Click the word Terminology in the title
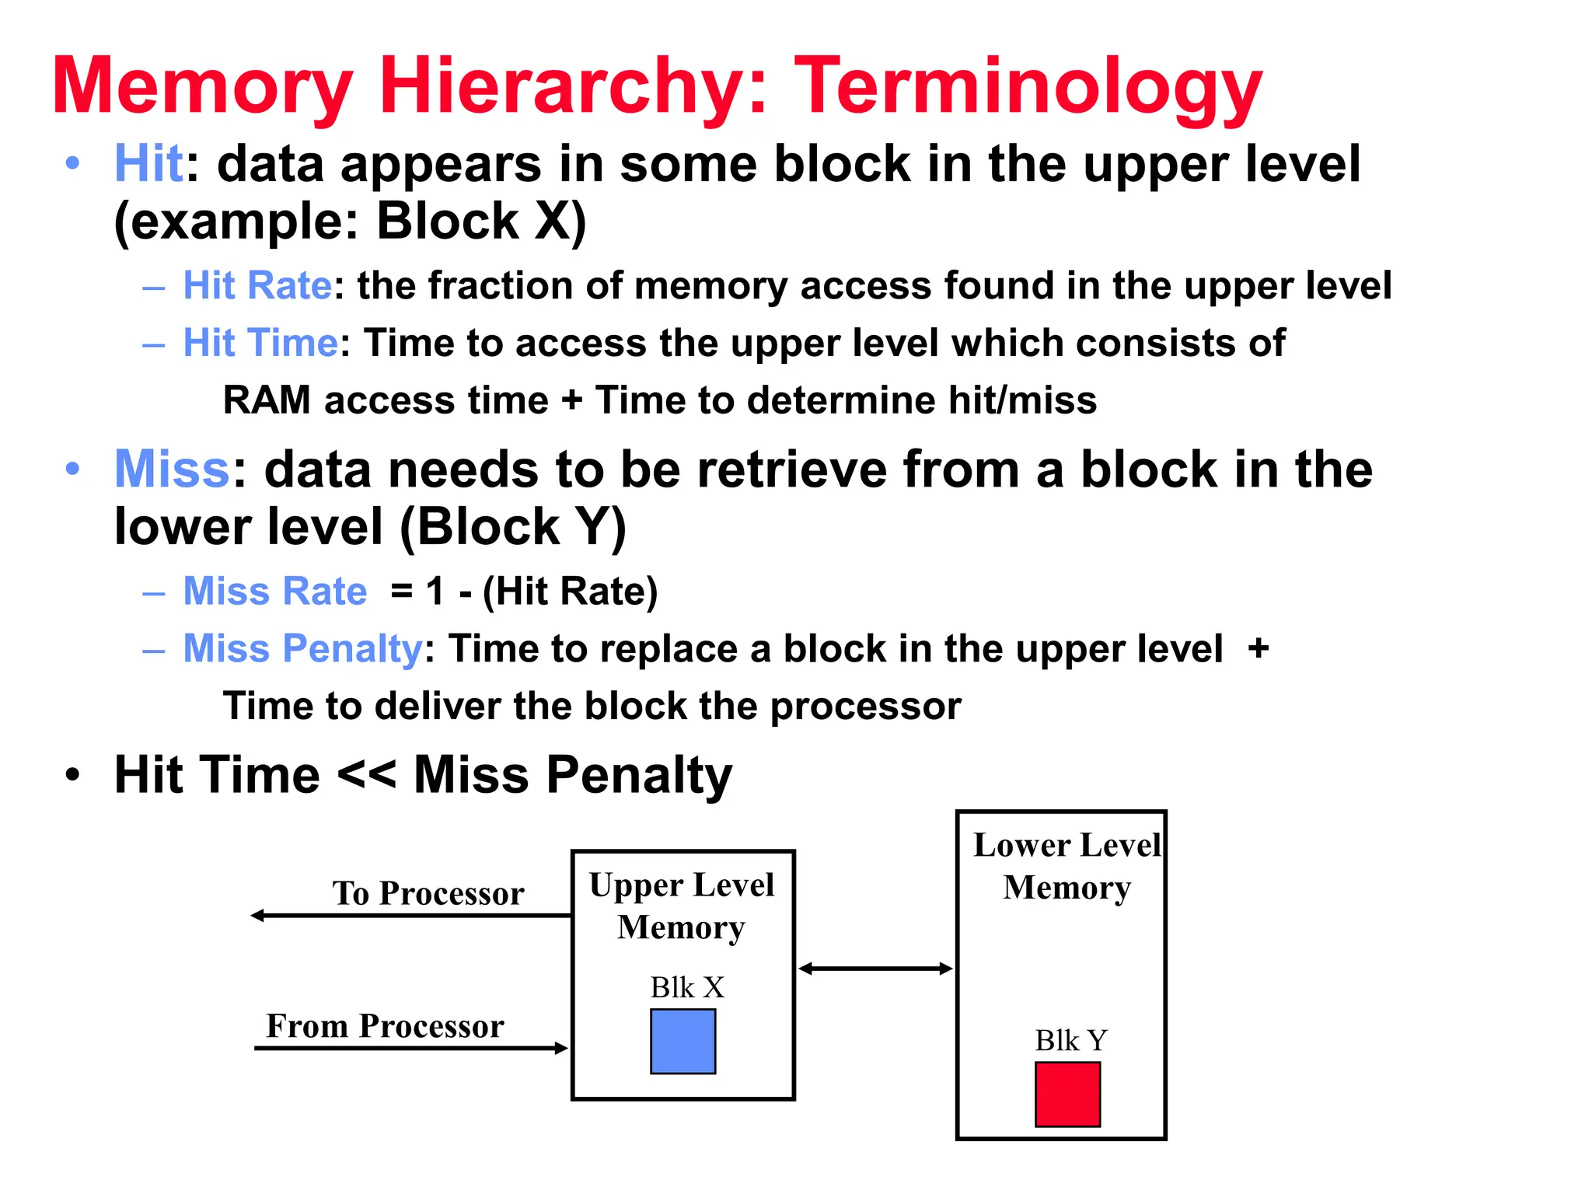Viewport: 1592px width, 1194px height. [1028, 87]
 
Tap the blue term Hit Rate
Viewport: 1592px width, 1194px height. [257, 285]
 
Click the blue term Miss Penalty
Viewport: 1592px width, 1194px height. [302, 648]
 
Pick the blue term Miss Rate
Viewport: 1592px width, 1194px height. [274, 591]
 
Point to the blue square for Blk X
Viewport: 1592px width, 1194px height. [683, 1041]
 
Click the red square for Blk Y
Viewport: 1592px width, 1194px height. [1067, 1094]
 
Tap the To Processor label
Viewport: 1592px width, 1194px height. [428, 893]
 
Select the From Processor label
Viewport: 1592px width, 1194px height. [385, 1026]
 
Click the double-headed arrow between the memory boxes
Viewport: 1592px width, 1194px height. [875, 969]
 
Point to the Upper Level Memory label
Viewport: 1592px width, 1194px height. [682, 906]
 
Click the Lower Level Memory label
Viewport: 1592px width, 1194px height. [1067, 866]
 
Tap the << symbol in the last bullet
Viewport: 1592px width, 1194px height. [366, 775]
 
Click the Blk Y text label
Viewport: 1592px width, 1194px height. [1070, 1040]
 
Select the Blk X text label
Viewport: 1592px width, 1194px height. [687, 987]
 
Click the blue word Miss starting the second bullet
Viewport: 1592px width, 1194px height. [172, 470]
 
